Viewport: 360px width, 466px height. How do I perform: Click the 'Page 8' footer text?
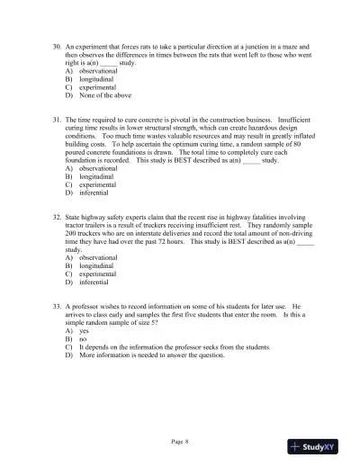tap(180, 442)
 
